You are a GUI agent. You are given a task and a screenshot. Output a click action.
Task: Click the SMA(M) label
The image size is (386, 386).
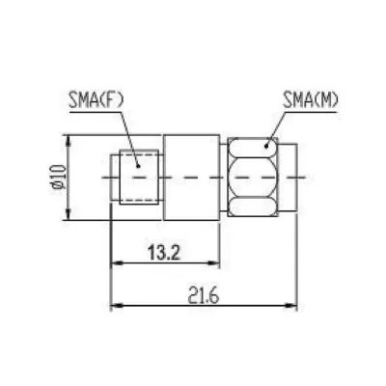(310, 100)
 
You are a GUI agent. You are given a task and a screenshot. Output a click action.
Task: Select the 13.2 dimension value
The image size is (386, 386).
(164, 253)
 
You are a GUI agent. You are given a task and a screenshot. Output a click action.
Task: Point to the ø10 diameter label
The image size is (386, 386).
(60, 177)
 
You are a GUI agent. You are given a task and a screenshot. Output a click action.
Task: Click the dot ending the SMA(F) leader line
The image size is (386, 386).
(138, 166)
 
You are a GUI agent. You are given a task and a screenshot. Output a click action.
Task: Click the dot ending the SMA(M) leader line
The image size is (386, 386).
(266, 147)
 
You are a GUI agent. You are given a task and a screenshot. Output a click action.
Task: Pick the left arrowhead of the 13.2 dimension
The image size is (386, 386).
(117, 263)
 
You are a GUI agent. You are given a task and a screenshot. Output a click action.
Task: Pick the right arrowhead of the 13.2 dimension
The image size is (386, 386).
(214, 263)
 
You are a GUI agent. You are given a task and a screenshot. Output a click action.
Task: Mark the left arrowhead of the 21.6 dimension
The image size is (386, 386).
(117, 305)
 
